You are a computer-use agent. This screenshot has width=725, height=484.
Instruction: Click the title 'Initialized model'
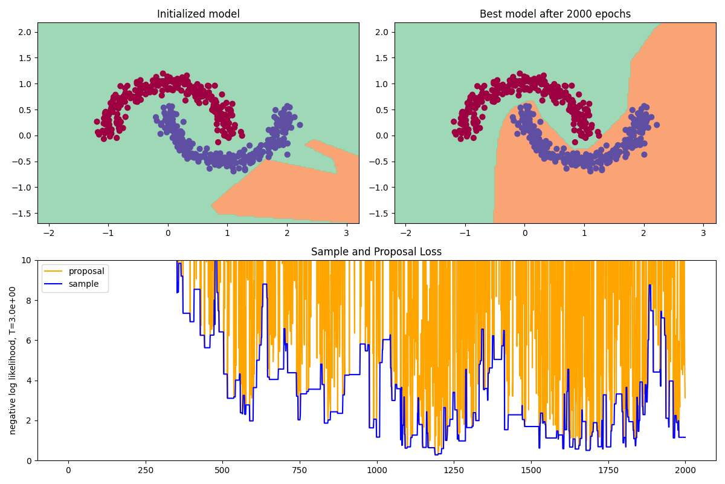click(198, 14)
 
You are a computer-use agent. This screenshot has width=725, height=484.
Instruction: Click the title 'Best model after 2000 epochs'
click(555, 14)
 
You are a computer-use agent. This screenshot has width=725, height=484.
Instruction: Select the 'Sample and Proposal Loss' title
click(376, 252)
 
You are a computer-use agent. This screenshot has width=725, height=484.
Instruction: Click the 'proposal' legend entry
click(86, 271)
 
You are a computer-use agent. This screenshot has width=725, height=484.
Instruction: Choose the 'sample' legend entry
click(84, 284)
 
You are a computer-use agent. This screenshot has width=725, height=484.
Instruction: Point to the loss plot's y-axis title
click(13, 360)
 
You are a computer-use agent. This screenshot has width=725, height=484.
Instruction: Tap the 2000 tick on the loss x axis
click(685, 470)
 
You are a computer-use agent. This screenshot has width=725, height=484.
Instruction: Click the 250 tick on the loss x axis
click(145, 470)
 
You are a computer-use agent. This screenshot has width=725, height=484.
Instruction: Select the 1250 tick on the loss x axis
click(454, 470)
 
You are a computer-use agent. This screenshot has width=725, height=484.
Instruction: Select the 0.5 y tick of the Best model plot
click(382, 110)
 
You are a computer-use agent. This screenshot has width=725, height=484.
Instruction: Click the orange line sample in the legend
click(54, 271)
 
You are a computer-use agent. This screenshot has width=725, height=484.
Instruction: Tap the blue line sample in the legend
click(54, 284)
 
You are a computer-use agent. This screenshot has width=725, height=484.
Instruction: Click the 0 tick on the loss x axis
click(68, 470)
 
